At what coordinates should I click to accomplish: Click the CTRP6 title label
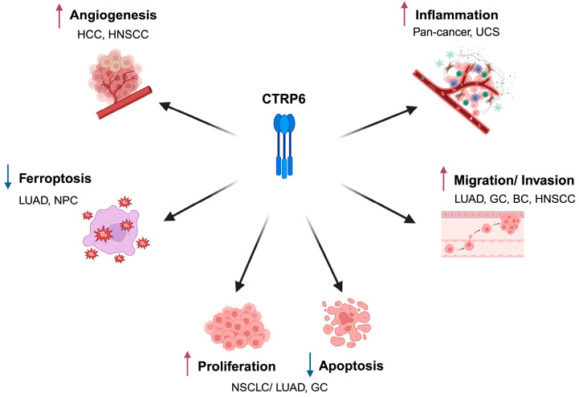tap(283, 99)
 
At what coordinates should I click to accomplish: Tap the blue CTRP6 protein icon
tap(284, 146)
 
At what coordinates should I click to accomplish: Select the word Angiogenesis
tap(113, 15)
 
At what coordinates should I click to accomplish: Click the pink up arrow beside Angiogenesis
tap(59, 15)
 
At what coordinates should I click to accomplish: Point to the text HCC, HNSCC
tap(113, 34)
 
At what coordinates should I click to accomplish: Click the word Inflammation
tap(456, 14)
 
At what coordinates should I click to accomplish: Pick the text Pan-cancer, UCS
tap(456, 32)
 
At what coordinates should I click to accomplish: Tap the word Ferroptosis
tap(55, 178)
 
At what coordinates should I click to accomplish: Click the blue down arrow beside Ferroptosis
tap(8, 177)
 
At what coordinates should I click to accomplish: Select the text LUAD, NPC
tap(48, 201)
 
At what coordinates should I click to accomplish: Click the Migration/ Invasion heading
tap(514, 180)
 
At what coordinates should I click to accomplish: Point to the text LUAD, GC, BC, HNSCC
tap(515, 199)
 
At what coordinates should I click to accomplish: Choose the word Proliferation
tap(237, 367)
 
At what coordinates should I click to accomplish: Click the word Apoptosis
tap(351, 366)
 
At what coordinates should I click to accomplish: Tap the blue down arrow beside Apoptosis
tap(310, 365)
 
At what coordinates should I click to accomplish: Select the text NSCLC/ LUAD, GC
tap(279, 387)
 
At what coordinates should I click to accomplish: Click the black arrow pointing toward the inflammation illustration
tap(377, 123)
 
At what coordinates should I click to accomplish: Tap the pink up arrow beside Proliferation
tap(188, 363)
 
